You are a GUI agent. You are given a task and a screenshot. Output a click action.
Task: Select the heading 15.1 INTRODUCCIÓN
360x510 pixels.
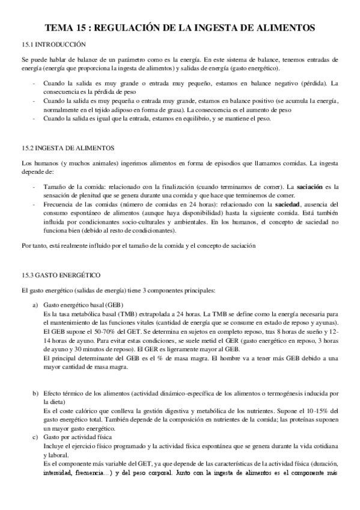point(53,44)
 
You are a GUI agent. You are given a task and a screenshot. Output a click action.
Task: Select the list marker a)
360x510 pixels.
point(35,306)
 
